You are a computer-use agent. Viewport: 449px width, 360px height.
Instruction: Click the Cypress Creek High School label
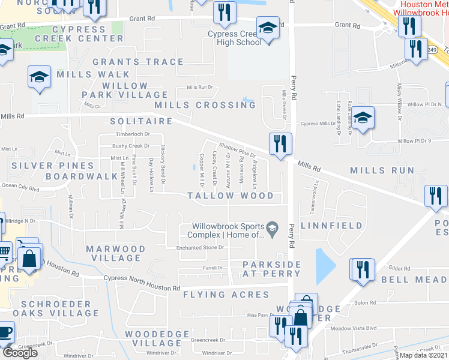(235, 38)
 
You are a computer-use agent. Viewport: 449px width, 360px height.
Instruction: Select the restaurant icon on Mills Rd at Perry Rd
(280, 144)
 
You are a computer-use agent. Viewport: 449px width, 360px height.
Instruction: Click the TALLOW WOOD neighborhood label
(230, 196)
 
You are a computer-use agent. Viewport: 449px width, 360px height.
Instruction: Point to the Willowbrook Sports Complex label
(228, 230)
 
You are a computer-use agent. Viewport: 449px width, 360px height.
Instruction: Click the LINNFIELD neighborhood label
(332, 226)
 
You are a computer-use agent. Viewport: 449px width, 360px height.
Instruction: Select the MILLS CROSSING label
(205, 105)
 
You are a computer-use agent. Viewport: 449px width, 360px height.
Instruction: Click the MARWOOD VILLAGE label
(115, 253)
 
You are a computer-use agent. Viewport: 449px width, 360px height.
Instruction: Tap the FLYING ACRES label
(226, 295)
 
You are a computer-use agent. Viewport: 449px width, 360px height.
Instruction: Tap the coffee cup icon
(5, 332)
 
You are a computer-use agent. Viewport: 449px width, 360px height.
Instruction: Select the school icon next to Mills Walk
(39, 77)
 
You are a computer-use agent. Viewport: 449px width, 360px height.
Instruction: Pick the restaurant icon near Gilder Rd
(362, 269)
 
